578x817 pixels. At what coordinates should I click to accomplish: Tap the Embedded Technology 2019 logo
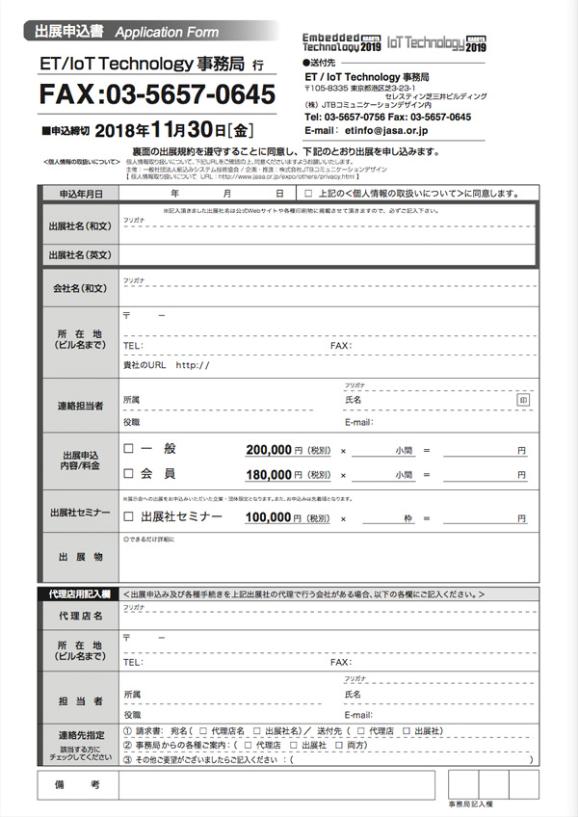point(343,41)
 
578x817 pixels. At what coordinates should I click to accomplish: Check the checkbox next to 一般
point(128,449)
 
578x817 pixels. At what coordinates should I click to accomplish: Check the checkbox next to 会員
point(128,474)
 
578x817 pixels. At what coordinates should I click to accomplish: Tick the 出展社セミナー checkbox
point(128,517)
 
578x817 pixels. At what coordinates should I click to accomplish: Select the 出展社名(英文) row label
point(80,255)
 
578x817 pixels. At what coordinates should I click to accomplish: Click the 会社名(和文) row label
point(80,288)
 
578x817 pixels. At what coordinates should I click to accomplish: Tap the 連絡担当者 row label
point(80,407)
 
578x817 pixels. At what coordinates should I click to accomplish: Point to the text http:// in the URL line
point(193,365)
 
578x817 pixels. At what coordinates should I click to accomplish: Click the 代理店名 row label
point(80,616)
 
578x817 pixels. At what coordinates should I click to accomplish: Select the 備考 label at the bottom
point(80,786)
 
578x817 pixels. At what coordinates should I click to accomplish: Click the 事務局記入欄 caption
point(469,804)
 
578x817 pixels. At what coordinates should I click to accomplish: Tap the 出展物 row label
point(80,557)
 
